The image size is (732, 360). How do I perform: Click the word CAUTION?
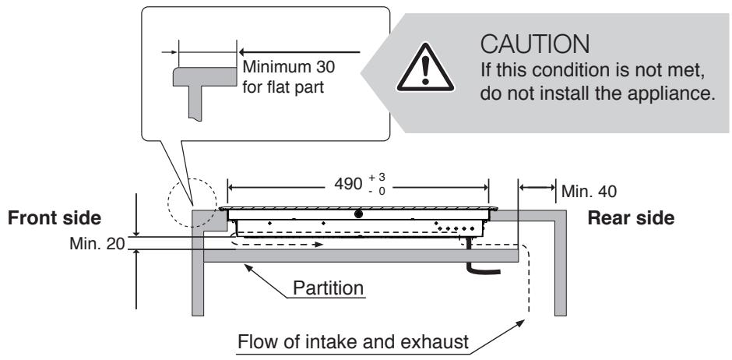tap(534, 44)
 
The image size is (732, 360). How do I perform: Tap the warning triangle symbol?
tap(425, 68)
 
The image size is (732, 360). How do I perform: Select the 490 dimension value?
tap(348, 184)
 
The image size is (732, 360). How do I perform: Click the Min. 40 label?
tap(589, 192)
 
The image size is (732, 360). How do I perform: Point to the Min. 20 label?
tap(97, 243)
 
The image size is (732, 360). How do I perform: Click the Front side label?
tap(55, 218)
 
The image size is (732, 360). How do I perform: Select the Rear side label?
tap(631, 218)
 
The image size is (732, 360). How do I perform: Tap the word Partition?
tap(328, 288)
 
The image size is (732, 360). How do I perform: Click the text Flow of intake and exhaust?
tap(353, 342)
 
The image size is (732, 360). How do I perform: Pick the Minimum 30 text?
tap(288, 67)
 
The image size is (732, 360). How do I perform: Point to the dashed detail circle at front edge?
tap(192, 203)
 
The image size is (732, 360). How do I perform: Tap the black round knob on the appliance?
tap(358, 214)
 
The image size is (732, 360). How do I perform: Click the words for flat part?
tap(283, 88)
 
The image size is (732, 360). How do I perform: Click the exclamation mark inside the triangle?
tap(425, 70)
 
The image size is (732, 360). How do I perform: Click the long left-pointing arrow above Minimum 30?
tap(300, 52)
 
